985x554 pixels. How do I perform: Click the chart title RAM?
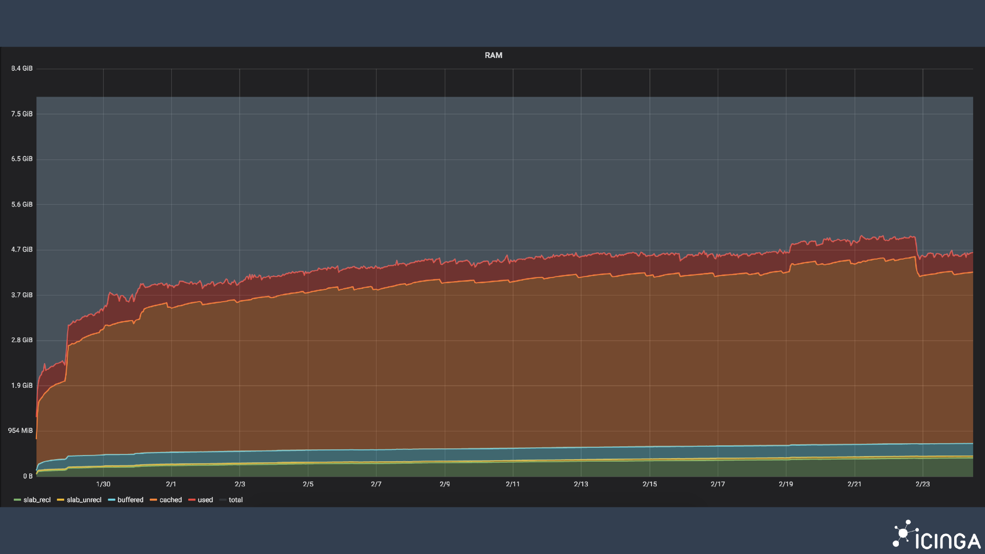(493, 55)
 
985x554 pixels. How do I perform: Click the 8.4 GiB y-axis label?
(22, 69)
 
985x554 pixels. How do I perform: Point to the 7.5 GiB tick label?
(22, 114)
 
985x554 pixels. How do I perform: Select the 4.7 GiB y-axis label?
(22, 250)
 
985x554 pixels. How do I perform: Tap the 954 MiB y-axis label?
(21, 431)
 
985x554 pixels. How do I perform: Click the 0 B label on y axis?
(28, 477)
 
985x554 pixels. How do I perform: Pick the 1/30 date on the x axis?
(103, 484)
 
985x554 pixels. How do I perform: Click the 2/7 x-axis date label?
(376, 484)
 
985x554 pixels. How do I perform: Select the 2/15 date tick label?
(649, 484)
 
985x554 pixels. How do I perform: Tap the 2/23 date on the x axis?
(922, 484)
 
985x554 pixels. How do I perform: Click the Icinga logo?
(936, 536)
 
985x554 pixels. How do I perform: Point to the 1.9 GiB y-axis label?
(22, 386)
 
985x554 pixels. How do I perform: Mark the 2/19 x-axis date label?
(785, 484)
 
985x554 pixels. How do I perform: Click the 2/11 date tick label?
(513, 484)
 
